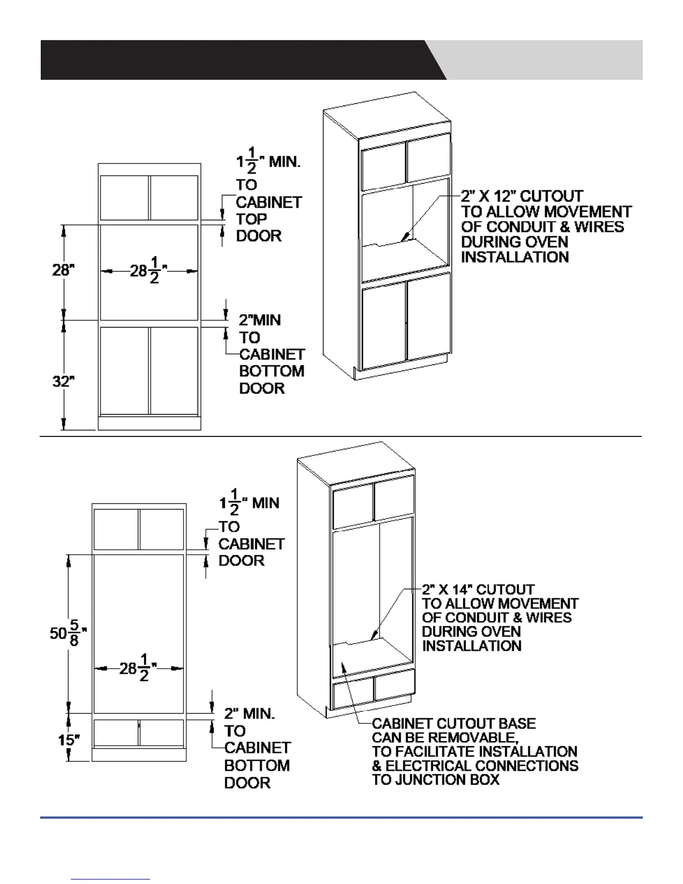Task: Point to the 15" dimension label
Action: click(x=69, y=740)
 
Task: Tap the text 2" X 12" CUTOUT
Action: click(x=522, y=196)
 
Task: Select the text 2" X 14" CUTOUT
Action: click(x=478, y=590)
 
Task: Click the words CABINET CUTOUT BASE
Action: click(x=454, y=724)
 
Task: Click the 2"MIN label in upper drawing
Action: click(x=260, y=320)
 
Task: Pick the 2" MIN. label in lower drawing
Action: click(x=249, y=714)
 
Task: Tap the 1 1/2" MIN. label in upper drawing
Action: click(x=268, y=162)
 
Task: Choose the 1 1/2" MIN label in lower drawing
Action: click(x=249, y=502)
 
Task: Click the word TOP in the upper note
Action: click(x=252, y=219)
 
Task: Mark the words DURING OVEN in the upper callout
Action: click(x=514, y=242)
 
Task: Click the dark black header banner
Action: click(x=234, y=60)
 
